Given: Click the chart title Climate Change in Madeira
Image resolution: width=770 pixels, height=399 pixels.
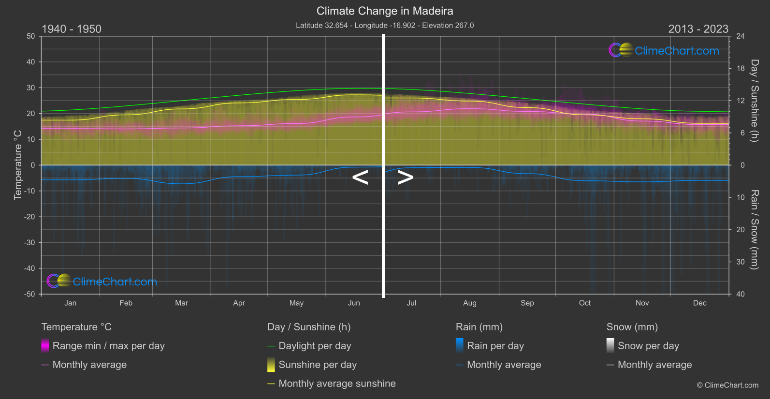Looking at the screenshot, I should pyautogui.click(x=385, y=11).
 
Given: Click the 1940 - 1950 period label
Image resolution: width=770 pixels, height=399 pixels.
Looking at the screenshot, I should pyautogui.click(x=72, y=29).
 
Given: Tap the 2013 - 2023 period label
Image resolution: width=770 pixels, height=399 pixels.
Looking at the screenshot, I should pyautogui.click(x=698, y=29).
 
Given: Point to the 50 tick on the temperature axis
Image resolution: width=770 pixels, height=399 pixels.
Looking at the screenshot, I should pyautogui.click(x=31, y=36).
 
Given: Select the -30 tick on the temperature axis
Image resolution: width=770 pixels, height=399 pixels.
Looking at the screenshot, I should pyautogui.click(x=30, y=242).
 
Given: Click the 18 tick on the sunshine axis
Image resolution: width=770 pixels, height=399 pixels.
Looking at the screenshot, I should pyautogui.click(x=741, y=69).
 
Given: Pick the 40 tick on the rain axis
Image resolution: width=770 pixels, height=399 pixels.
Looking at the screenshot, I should pyautogui.click(x=741, y=294).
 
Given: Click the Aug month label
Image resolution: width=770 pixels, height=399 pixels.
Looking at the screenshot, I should pyautogui.click(x=469, y=303).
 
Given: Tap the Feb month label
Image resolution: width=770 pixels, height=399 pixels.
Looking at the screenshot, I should pyautogui.click(x=126, y=303).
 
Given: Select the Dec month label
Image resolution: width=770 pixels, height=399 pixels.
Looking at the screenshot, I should pyautogui.click(x=699, y=303).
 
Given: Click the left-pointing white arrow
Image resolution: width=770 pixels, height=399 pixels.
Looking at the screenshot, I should pyautogui.click(x=360, y=177).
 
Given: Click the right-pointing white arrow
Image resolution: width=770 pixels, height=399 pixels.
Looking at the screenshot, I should pyautogui.click(x=405, y=177).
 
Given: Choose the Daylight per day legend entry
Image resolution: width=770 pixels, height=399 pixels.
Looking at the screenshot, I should pyautogui.click(x=315, y=346).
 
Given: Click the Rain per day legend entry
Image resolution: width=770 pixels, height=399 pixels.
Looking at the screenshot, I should pyautogui.click(x=495, y=346).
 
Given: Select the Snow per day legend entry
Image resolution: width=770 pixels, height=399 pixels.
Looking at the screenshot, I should pyautogui.click(x=648, y=346).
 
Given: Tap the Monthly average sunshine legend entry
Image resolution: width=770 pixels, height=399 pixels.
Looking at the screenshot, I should pyautogui.click(x=337, y=384).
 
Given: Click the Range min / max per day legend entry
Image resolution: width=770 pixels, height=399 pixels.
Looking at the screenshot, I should pyautogui.click(x=108, y=346).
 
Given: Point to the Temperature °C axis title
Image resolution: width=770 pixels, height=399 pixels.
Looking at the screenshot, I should pyautogui.click(x=18, y=164).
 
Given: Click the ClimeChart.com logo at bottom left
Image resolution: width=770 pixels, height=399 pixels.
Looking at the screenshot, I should pyautogui.click(x=102, y=281).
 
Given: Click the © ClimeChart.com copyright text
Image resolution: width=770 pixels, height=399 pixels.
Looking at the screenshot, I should pyautogui.click(x=727, y=385).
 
